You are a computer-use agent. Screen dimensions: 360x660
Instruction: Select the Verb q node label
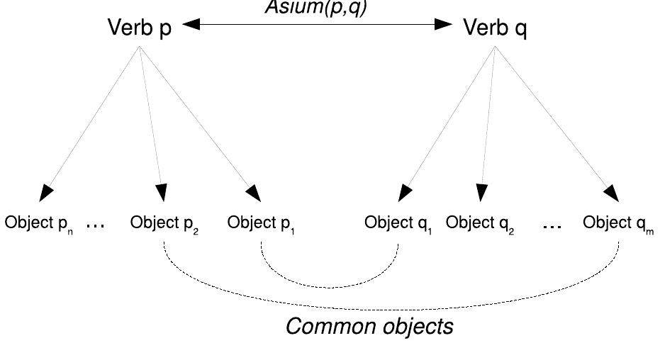tap(495, 30)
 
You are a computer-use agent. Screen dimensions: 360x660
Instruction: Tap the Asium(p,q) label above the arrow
tap(317, 7)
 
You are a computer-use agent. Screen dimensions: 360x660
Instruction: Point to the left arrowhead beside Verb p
tap(191, 25)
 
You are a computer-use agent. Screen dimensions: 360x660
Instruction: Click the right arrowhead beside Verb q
tap(444, 25)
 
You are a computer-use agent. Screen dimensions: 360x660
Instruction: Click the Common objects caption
tap(369, 328)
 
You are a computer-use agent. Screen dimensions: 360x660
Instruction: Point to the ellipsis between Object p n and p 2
tap(95, 225)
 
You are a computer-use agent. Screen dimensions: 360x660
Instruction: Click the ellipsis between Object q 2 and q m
tap(552, 225)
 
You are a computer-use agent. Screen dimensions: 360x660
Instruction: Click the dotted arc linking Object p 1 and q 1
tap(330, 286)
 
